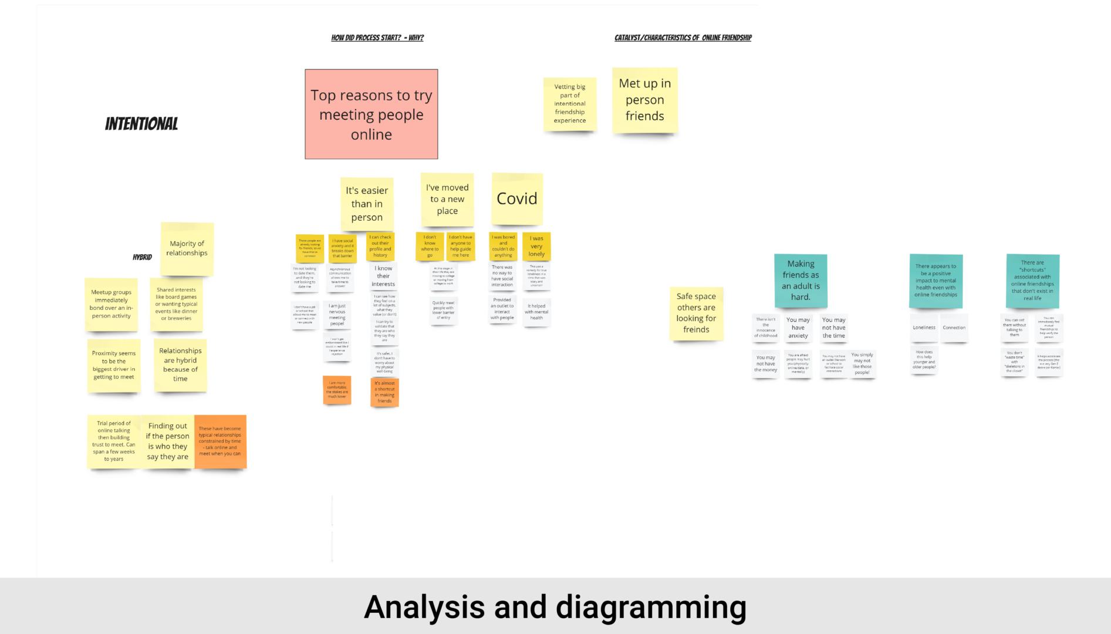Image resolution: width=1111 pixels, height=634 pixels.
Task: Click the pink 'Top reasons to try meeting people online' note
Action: click(x=371, y=114)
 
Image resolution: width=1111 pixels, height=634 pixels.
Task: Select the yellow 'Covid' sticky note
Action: click(x=516, y=199)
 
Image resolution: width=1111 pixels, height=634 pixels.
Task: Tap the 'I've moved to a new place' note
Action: click(x=447, y=200)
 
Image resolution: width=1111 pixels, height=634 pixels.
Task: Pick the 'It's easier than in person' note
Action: click(x=367, y=204)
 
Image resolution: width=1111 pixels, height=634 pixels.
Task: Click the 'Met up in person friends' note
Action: click(x=644, y=100)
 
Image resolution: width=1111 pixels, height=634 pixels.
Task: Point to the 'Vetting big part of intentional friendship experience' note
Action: click(x=569, y=104)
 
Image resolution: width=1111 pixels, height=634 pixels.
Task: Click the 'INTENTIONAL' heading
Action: click(x=141, y=124)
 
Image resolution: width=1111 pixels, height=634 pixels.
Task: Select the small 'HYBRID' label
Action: click(x=142, y=257)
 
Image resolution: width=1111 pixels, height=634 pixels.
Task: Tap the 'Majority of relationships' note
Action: click(x=187, y=249)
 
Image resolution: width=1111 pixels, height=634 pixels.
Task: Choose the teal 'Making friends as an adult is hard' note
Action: click(x=801, y=281)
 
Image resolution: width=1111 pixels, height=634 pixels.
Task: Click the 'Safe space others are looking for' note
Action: click(x=696, y=313)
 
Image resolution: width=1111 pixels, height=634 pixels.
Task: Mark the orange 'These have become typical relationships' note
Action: click(x=220, y=441)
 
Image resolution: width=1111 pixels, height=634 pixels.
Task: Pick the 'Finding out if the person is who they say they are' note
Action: click(x=168, y=441)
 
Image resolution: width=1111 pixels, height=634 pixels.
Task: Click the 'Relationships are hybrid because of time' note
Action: click(x=180, y=365)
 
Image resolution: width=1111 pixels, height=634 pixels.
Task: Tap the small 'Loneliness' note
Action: click(x=924, y=328)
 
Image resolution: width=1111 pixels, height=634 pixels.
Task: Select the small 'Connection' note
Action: click(x=954, y=328)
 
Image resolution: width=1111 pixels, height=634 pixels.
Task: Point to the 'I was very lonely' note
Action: click(x=536, y=247)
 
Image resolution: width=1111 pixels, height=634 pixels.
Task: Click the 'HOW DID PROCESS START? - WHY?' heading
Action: click(x=377, y=38)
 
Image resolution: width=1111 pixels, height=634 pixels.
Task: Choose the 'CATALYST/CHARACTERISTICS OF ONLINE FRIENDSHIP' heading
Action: click(x=683, y=38)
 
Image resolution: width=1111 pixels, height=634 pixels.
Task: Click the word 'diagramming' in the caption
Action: click(x=651, y=607)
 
